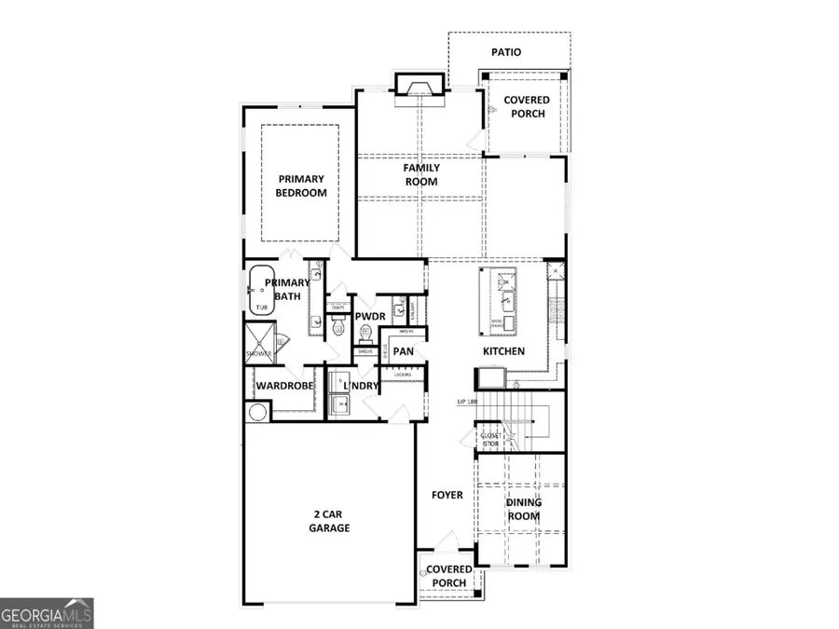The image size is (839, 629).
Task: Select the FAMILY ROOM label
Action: (x=421, y=175)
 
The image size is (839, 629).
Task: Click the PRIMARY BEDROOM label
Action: (x=300, y=185)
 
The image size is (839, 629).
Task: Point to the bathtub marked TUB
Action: (x=259, y=291)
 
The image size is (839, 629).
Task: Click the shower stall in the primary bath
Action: (x=258, y=342)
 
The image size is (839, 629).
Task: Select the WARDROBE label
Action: (x=284, y=386)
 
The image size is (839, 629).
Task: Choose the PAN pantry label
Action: (x=403, y=351)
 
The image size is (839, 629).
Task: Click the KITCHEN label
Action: (x=503, y=351)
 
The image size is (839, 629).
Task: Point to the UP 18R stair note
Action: (x=474, y=403)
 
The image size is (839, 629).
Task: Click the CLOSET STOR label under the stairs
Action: (x=490, y=440)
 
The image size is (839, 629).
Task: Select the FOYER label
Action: (x=447, y=495)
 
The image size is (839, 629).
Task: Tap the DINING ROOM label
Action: (x=523, y=509)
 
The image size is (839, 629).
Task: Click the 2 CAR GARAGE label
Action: (x=329, y=521)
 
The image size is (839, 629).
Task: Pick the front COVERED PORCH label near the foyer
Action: (x=449, y=577)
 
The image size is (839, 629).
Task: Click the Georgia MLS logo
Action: (x=47, y=614)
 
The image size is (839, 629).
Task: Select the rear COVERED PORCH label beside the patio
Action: (x=527, y=106)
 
